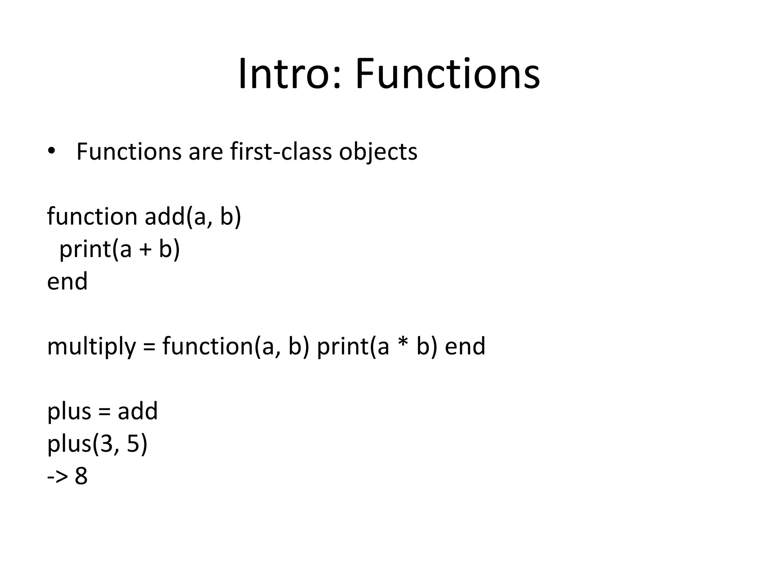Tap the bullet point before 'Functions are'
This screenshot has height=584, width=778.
click(51, 151)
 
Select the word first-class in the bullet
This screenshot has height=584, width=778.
click(281, 151)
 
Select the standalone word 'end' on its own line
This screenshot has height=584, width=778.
click(67, 281)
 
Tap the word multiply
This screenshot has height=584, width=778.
click(91, 347)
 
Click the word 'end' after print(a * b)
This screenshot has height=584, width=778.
click(465, 346)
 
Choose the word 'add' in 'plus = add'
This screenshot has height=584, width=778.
click(138, 411)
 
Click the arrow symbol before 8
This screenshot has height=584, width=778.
click(57, 477)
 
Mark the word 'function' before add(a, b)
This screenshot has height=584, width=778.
click(92, 217)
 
